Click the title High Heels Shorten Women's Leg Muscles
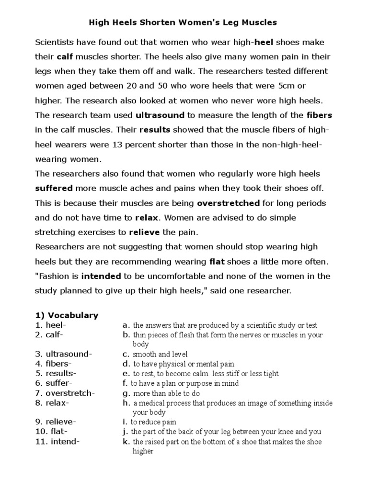(184, 22)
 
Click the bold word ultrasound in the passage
(161, 115)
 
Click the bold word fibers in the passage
(319, 115)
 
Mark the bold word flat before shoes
(217, 262)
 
